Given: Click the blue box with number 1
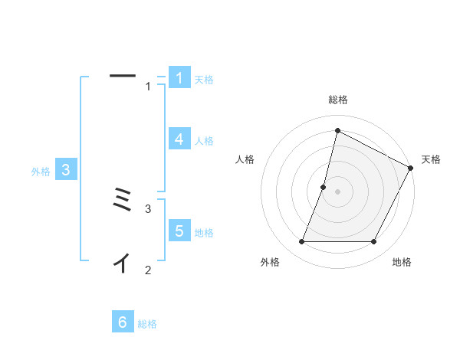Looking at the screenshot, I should (179, 78).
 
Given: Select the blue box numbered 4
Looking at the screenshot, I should (179, 139).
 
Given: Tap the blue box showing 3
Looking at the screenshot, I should (66, 170).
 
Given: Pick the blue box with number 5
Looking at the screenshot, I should (179, 231).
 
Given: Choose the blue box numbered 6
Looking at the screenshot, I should (123, 322).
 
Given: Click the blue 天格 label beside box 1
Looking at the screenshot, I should (204, 80).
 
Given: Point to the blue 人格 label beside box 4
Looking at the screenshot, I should (204, 141).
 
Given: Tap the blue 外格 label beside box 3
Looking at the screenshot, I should (41, 172).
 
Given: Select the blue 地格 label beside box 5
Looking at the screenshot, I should (204, 233).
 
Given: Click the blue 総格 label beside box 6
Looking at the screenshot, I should (147, 325).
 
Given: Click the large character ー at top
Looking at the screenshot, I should (123, 75).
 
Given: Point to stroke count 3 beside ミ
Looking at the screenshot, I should (149, 208).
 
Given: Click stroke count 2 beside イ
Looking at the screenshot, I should (149, 270).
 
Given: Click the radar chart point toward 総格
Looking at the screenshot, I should (337, 131).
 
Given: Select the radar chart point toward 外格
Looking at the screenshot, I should (302, 242).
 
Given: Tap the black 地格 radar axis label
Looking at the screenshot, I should (402, 262).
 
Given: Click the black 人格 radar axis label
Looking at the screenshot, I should (245, 159).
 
